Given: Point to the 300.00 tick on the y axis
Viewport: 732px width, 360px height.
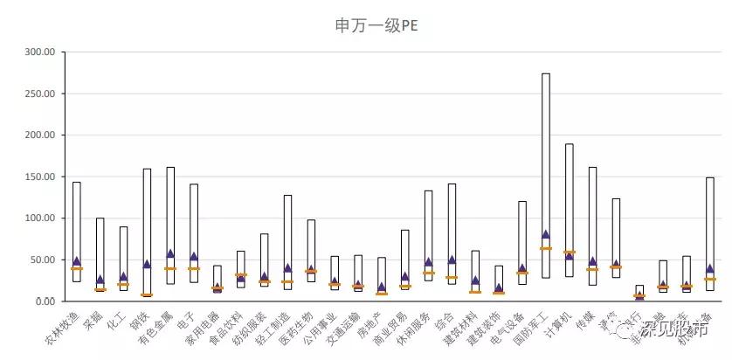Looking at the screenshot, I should click(x=39, y=52).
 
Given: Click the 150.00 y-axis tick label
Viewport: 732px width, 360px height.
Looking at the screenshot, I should click(x=39, y=177).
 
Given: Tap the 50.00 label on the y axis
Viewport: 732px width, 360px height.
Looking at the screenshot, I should click(x=42, y=260).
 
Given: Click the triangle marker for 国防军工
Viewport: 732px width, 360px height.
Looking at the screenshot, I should click(x=546, y=234).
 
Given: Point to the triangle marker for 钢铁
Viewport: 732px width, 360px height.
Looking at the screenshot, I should click(x=147, y=263).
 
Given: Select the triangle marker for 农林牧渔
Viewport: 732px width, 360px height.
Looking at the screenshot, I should click(x=77, y=260).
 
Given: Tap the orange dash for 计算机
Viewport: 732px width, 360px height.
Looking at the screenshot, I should click(x=570, y=252).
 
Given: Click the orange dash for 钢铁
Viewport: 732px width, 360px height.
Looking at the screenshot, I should click(x=147, y=294).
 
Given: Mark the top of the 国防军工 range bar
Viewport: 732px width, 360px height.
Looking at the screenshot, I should click(x=546, y=73).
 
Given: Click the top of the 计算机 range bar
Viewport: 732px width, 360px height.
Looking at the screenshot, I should click(x=570, y=144).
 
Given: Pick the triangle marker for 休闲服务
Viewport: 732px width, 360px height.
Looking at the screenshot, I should click(x=429, y=261).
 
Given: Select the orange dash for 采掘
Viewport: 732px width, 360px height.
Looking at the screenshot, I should click(x=100, y=289).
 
